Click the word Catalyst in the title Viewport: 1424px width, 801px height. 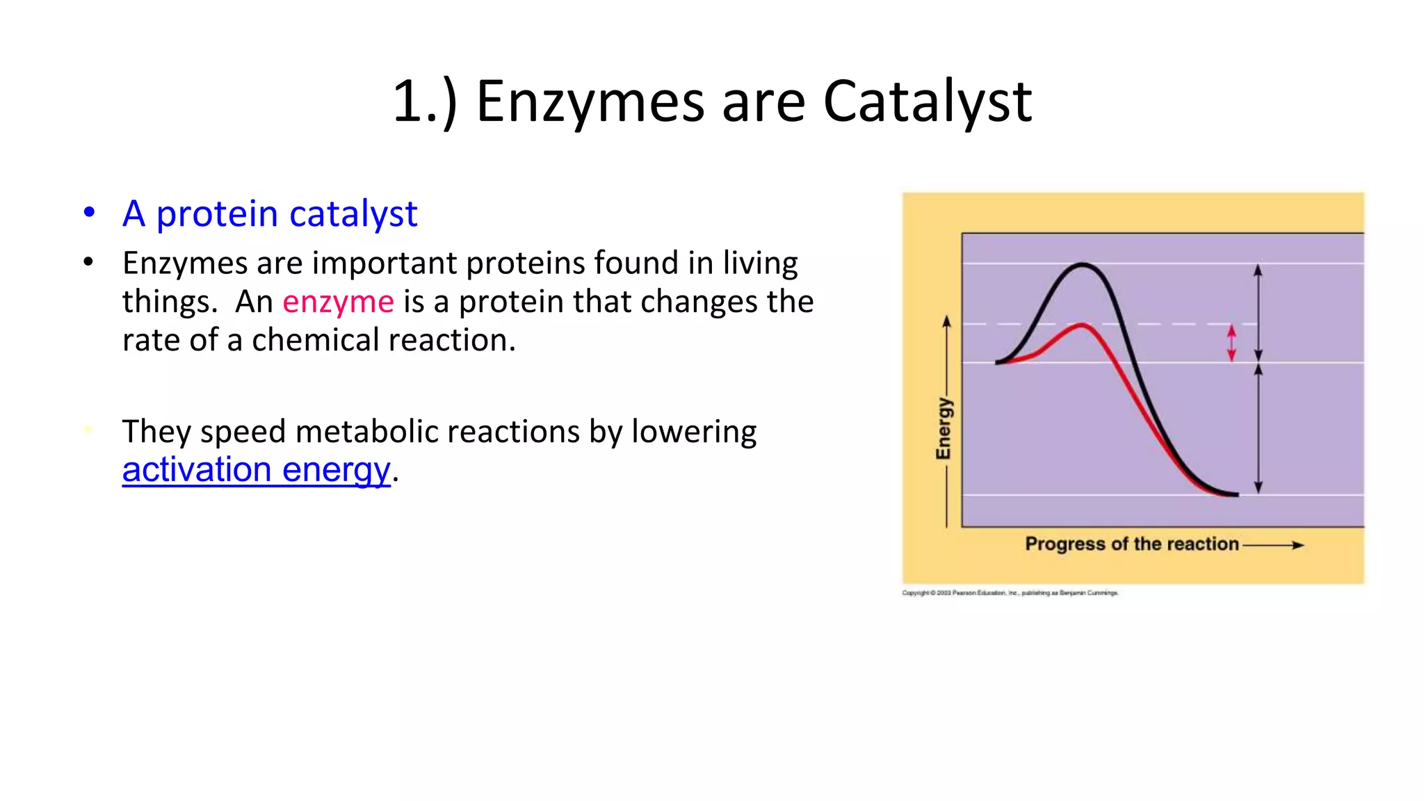coord(927,102)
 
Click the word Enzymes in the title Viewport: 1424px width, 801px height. coord(590,102)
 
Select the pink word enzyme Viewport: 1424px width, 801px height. coord(338,302)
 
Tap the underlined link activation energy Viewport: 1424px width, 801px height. coord(256,469)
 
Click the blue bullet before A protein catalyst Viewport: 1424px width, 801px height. coord(89,212)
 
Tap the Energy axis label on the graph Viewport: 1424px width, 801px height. coord(944,428)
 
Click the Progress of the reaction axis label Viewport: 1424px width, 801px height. coord(1131,544)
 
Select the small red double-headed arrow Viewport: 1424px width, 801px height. coord(1231,343)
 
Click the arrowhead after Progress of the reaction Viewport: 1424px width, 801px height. coord(1297,545)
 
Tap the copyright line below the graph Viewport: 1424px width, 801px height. coord(1010,593)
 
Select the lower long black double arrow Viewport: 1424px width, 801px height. coord(1258,429)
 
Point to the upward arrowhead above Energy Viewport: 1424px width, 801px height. coord(946,321)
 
